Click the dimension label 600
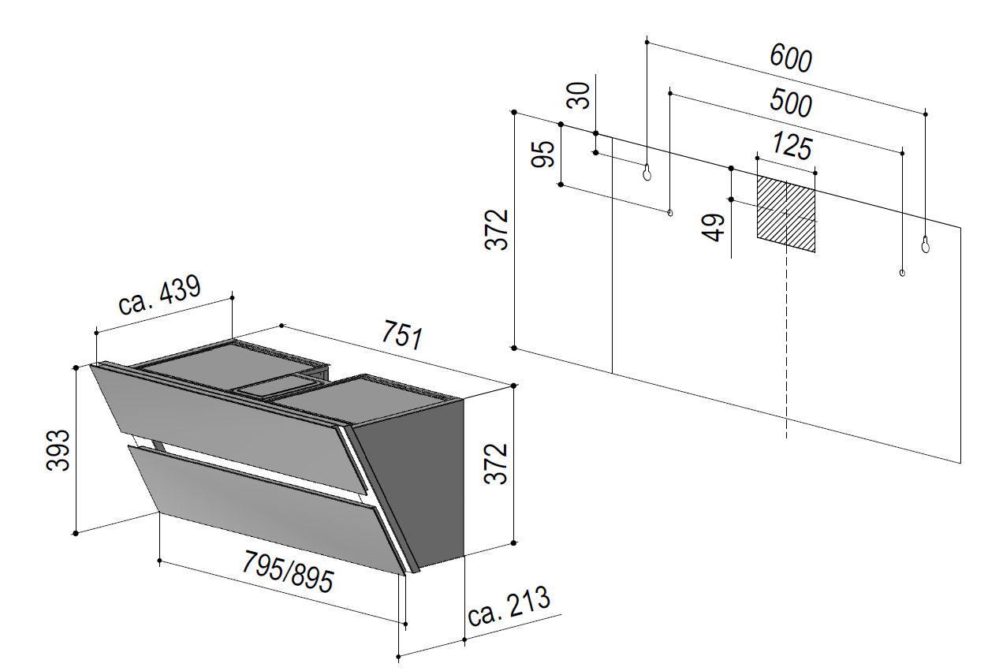point(790,58)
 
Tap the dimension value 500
point(790,103)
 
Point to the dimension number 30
point(578,95)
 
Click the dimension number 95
point(542,154)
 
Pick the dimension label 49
point(714,227)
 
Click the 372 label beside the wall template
point(496,229)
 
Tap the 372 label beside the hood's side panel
point(496,464)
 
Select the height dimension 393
point(58,450)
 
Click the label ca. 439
point(159,295)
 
